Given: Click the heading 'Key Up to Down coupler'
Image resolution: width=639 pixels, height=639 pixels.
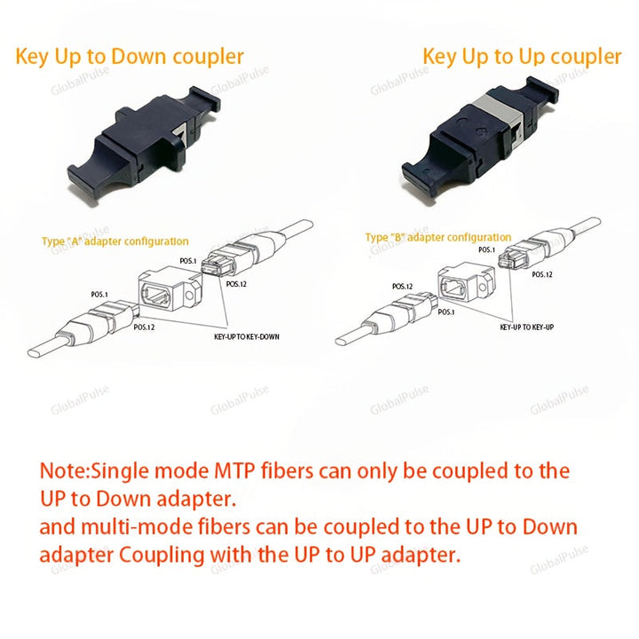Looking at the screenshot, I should (x=130, y=57).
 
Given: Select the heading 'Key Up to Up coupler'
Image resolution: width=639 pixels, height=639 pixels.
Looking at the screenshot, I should (x=522, y=57).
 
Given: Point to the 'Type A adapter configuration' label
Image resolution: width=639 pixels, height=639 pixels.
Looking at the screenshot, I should (x=114, y=241).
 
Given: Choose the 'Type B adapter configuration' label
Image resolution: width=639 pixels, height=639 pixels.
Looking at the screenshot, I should (x=438, y=238).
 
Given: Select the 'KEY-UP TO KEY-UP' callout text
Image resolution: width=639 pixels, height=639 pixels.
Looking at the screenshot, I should (x=526, y=327).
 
